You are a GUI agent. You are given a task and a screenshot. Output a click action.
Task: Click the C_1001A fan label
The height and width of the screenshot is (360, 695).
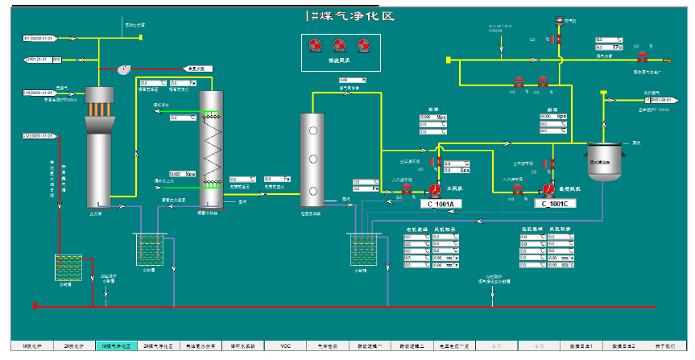(x=441, y=204)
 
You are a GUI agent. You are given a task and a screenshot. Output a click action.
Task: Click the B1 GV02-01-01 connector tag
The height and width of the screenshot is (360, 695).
(x=39, y=38)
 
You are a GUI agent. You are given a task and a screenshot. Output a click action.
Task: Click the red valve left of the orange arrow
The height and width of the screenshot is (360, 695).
(x=642, y=59)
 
